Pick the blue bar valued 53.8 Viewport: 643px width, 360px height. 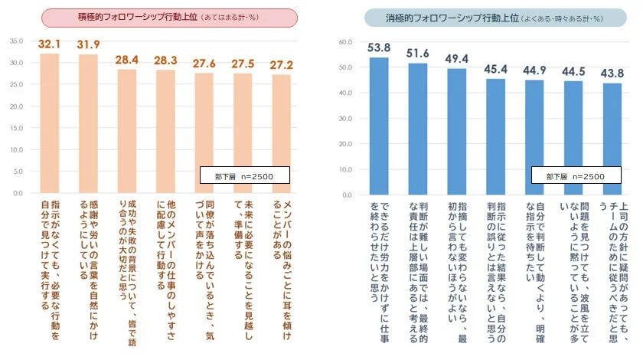pos(379,126)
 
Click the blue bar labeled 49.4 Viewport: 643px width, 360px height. pos(457,131)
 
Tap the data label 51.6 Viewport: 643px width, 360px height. pos(418,53)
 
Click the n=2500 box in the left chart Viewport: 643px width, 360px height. pos(246,176)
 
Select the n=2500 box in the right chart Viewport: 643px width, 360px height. pos(575,176)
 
